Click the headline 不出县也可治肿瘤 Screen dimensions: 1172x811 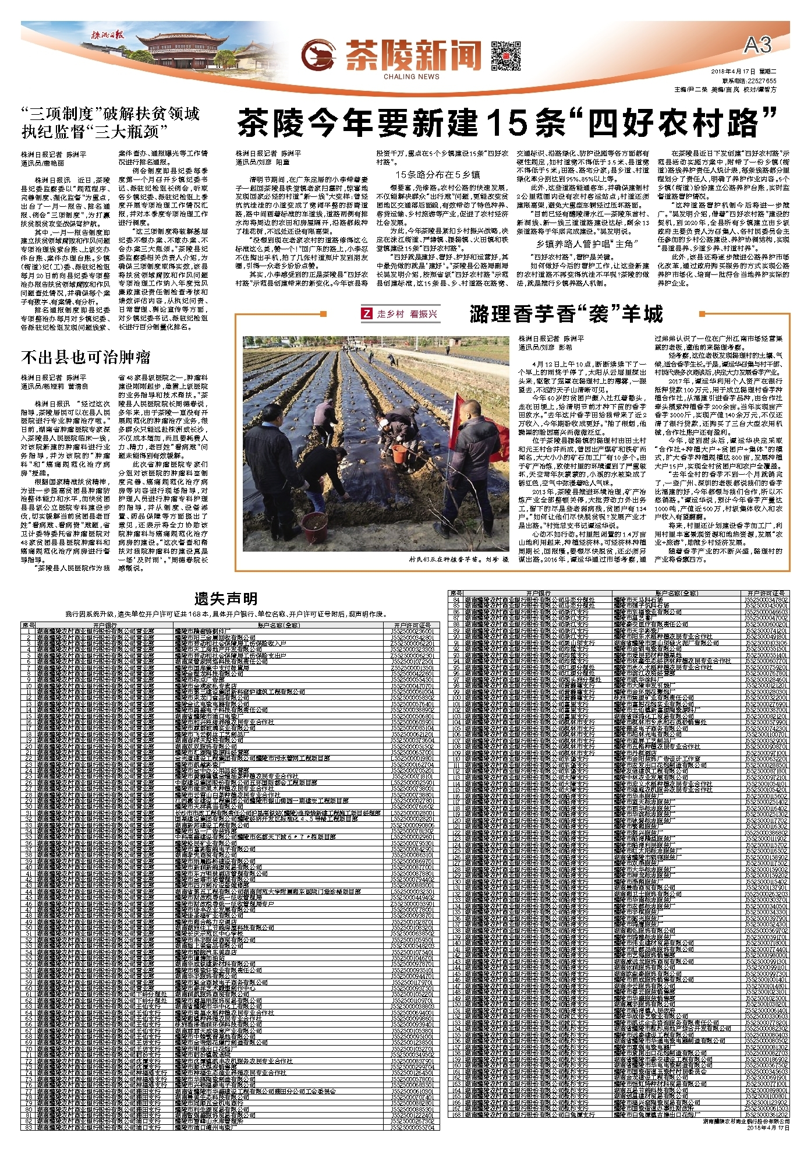point(86,357)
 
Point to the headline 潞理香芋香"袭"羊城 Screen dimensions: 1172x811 point(566,315)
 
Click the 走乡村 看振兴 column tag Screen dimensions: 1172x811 point(400,314)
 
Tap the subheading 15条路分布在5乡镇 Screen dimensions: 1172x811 point(437,174)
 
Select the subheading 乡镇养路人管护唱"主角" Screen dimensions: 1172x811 point(584,244)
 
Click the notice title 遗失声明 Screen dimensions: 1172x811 point(225,598)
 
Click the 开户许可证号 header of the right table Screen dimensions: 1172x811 point(767,593)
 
